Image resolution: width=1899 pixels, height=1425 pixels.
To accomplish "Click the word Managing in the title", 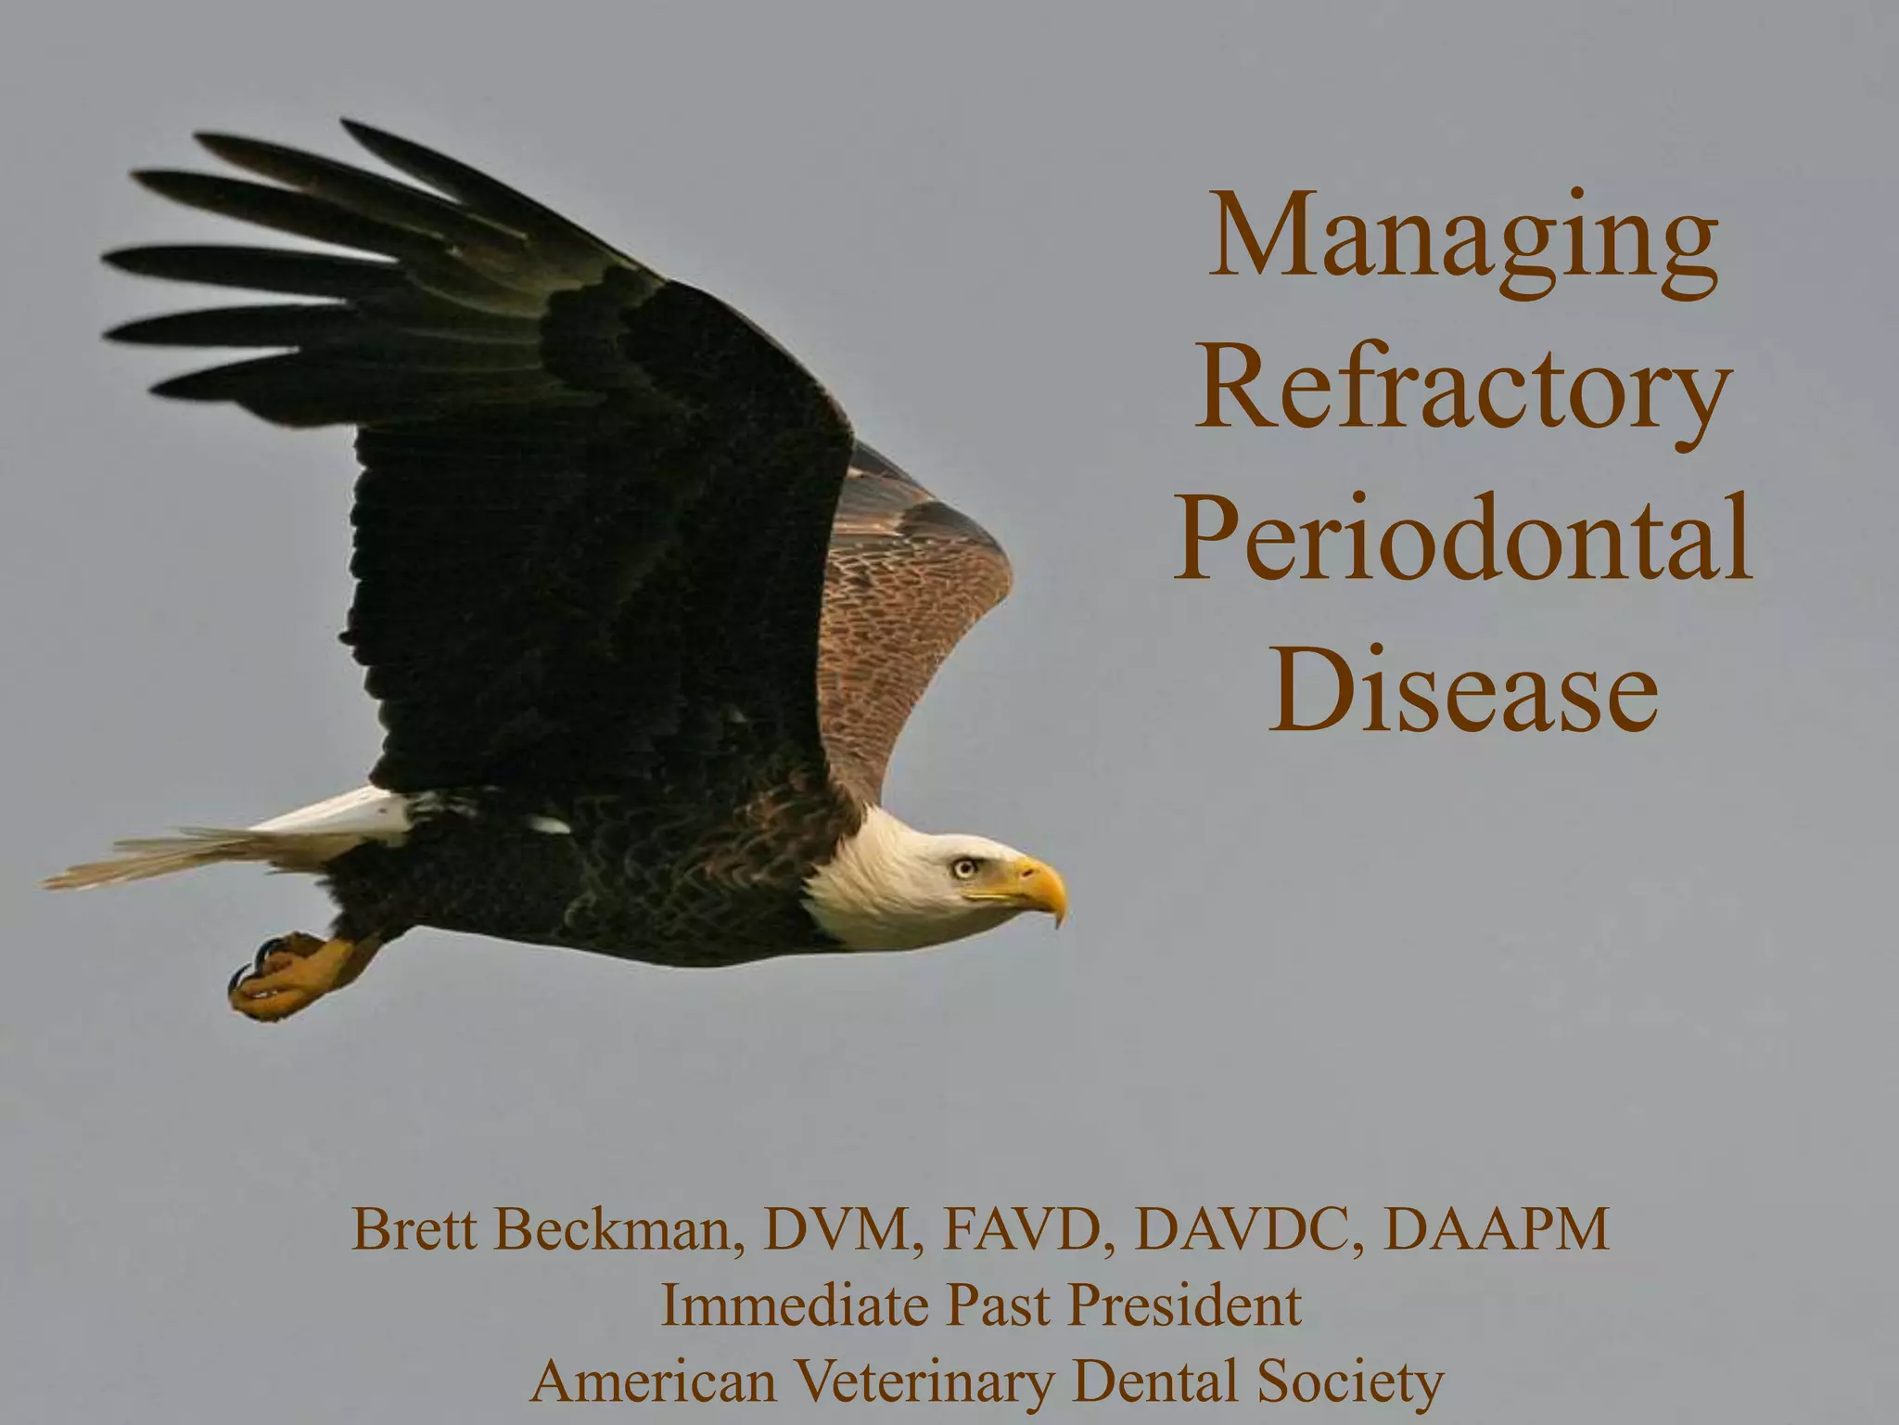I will coord(1462,237).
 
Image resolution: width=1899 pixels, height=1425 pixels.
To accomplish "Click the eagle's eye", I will coord(963,867).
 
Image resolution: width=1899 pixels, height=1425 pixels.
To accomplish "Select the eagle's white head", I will coord(890,881).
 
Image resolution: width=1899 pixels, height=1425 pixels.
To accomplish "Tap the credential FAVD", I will coord(1029,1230).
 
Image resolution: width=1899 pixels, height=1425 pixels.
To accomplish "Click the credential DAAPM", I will coord(1495,1230).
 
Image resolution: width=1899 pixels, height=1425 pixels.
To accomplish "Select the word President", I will coord(1184,1306).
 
